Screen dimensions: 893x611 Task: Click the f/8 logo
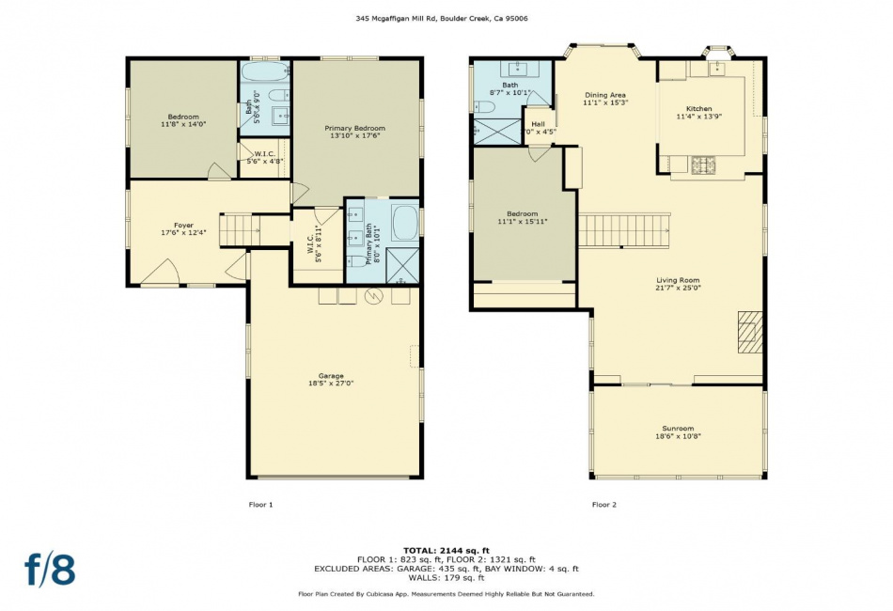(x=50, y=570)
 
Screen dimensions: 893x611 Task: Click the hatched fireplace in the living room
(x=750, y=332)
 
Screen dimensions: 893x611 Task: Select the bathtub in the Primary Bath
(x=405, y=222)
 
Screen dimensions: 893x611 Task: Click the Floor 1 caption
(x=260, y=505)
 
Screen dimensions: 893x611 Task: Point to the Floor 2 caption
(x=604, y=505)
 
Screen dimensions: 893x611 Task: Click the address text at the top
(x=442, y=18)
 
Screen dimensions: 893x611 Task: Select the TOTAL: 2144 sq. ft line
(x=446, y=551)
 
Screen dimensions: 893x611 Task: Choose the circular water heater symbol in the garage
(x=374, y=295)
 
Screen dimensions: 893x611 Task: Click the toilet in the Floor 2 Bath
(x=486, y=106)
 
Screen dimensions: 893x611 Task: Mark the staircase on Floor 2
(x=624, y=230)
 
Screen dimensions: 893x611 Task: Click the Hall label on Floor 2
(x=539, y=124)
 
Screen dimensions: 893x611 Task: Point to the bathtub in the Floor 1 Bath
(x=265, y=71)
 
